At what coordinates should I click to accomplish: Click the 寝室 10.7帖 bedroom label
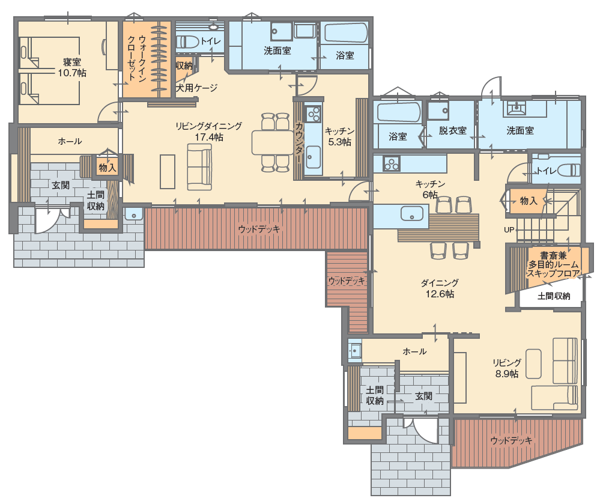pos(72,67)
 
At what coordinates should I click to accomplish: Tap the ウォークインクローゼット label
pos(136,58)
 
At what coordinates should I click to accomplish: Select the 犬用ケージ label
pos(196,88)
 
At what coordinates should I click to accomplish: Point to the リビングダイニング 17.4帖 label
pos(208,132)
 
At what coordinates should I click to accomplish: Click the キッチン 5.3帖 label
pos(339,136)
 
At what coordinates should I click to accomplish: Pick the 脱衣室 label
pos(452,130)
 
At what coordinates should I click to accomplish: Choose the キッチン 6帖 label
pos(430,189)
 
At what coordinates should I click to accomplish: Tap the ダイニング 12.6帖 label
pos(440,288)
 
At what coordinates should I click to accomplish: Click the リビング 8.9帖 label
pos(507,368)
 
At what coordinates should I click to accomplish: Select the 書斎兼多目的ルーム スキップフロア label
pos(553,264)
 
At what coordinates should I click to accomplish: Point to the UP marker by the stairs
pos(509,229)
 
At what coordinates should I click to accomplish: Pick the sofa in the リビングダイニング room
pos(199,167)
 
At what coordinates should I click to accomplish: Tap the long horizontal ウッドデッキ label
pos(259,229)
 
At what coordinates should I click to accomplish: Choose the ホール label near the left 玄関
pos(70,141)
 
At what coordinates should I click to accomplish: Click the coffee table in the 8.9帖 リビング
pos(533,363)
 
